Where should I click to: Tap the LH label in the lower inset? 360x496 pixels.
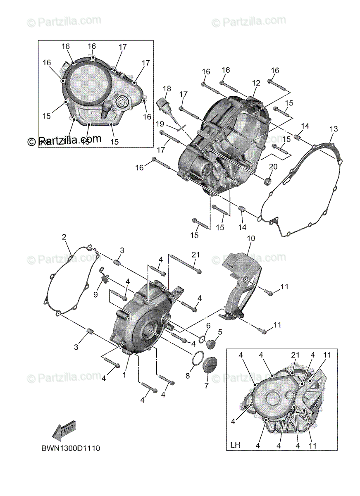tap(235, 446)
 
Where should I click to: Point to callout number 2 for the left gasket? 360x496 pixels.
tap(64, 237)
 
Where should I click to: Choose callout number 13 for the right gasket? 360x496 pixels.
tap(333, 129)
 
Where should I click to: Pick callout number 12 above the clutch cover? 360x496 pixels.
tap(256, 83)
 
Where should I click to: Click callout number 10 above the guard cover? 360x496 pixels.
tap(251, 238)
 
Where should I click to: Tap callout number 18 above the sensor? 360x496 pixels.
tap(167, 89)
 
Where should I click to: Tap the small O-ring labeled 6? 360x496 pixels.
tap(201, 339)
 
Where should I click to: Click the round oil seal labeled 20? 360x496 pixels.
tap(267, 180)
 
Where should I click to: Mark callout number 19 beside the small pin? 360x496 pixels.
tap(160, 124)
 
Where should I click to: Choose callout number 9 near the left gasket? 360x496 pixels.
tap(95, 294)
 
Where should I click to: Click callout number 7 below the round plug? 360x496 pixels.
tap(206, 385)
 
